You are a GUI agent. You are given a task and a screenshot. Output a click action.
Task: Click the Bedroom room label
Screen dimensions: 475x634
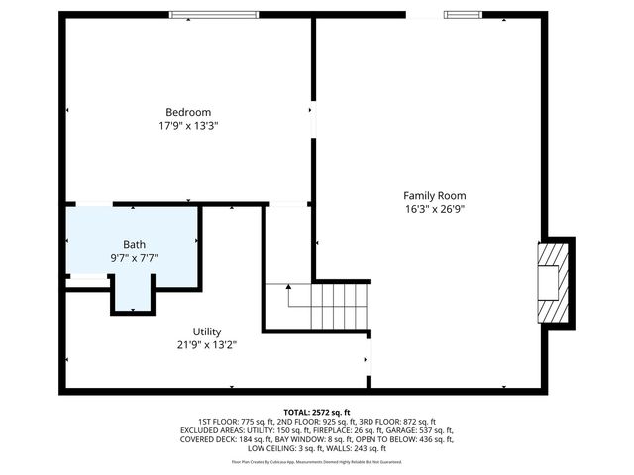point(188,112)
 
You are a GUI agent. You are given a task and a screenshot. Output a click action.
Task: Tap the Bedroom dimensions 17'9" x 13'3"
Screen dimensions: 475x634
point(188,126)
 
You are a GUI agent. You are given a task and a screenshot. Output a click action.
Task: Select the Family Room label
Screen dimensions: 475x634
point(434,195)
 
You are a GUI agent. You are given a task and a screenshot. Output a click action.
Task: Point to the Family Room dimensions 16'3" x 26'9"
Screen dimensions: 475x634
point(434,209)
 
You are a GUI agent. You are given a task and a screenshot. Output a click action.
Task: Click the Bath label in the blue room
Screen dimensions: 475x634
point(134,244)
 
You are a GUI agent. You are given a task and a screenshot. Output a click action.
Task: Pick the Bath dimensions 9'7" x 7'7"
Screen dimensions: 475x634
point(134,258)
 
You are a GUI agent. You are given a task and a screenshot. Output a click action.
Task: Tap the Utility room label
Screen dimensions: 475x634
point(207,332)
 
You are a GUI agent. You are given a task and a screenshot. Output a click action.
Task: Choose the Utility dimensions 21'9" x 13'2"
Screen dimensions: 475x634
point(207,345)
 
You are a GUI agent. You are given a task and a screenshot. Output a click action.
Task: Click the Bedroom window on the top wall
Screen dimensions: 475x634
point(214,14)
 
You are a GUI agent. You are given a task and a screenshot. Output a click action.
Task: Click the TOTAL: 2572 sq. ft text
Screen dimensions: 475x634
point(317,412)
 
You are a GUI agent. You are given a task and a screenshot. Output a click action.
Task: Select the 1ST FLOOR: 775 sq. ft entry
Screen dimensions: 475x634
point(241,422)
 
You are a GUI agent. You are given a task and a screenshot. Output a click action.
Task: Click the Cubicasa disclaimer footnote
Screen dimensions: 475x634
point(317,461)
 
